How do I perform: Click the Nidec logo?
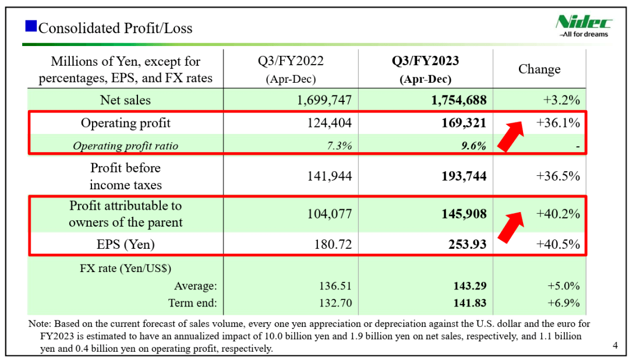[583, 26]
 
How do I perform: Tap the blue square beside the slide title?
[31, 26]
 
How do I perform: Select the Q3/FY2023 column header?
[425, 69]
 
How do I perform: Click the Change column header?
[539, 69]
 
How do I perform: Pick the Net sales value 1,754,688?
[458, 100]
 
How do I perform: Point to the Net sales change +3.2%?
[561, 100]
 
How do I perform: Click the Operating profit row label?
[126, 123]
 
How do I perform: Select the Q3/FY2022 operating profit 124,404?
[329, 123]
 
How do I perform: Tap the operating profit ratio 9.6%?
[473, 146]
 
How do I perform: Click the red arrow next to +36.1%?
[511, 136]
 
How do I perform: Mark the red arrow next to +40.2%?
[511, 228]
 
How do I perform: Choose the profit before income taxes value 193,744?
[464, 176]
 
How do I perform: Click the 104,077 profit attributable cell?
[329, 214]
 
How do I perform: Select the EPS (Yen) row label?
[126, 245]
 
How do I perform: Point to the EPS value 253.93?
[467, 245]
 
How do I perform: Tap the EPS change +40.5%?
[558, 245]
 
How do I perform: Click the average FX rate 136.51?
[335, 286]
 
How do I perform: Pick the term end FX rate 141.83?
[470, 303]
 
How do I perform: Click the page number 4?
[616, 345]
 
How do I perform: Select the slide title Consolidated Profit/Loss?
[115, 28]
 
